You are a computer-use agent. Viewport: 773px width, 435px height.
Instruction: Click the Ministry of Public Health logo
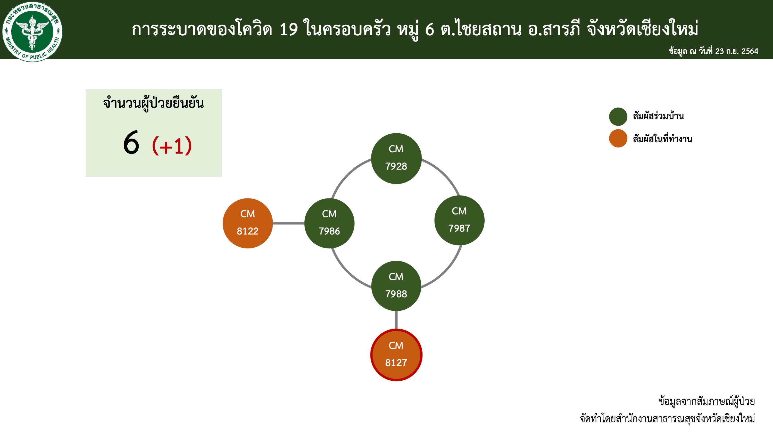tap(32, 31)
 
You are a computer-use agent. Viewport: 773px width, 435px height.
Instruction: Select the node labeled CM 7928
tap(396, 158)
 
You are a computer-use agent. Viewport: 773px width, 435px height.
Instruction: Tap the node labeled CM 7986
tap(329, 223)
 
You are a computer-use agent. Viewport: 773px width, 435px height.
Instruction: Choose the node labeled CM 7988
tap(396, 285)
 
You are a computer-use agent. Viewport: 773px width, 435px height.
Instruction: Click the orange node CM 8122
tap(247, 223)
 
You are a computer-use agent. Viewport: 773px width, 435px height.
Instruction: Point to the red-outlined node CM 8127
tap(396, 355)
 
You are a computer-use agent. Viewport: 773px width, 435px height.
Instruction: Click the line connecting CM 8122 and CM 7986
tap(288, 223)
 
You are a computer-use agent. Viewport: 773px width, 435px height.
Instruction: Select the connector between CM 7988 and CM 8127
tap(396, 320)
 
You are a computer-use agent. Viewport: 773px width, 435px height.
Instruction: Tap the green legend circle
tap(618, 117)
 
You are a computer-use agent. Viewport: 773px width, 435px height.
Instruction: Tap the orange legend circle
tap(618, 138)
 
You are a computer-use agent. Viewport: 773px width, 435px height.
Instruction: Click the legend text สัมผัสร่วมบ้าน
tap(658, 116)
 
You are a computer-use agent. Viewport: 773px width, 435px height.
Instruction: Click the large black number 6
tap(131, 143)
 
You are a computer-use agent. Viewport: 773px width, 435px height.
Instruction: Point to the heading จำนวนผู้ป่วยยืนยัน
tap(153, 103)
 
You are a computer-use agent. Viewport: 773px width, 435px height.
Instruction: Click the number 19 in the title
tap(288, 29)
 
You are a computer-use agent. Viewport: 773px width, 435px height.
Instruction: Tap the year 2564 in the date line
tap(750, 51)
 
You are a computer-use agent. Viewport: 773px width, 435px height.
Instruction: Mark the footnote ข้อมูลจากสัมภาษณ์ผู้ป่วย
tap(707, 401)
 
